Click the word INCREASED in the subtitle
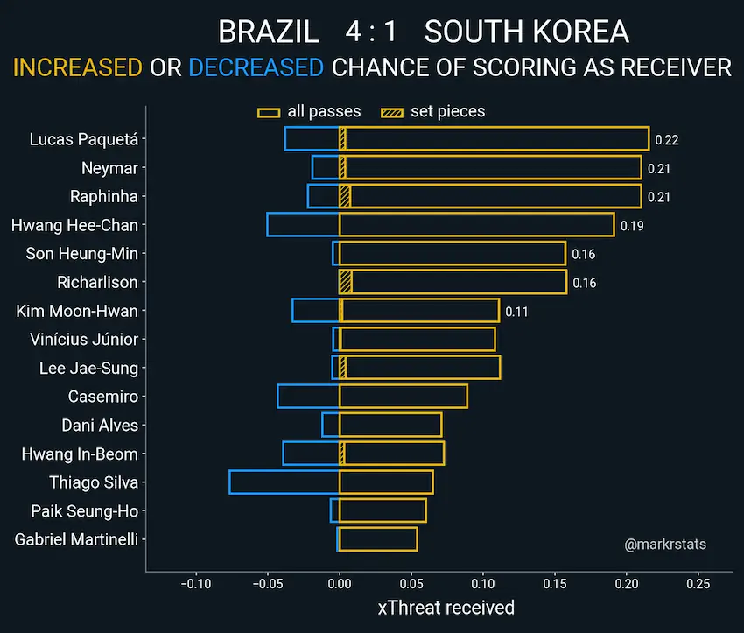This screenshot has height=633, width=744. click(x=77, y=67)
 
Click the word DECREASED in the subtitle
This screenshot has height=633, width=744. click(x=256, y=67)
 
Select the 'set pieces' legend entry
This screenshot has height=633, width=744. click(x=433, y=111)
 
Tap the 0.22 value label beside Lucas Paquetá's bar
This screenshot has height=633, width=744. click(x=667, y=139)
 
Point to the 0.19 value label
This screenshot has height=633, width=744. click(x=631, y=226)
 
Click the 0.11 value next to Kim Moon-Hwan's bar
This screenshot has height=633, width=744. click(x=516, y=312)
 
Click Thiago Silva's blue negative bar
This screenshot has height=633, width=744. click(x=284, y=482)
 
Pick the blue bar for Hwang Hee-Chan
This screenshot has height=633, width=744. click(x=303, y=225)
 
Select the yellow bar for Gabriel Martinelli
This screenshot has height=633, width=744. click(x=378, y=539)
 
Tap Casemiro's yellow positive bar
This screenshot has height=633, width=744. click(x=404, y=397)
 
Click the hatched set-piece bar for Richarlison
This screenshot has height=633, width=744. click(x=346, y=282)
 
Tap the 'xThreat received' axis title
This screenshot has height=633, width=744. click(x=446, y=608)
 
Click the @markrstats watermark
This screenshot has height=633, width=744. click(x=665, y=545)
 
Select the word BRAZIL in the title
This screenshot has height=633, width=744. click(x=269, y=32)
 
